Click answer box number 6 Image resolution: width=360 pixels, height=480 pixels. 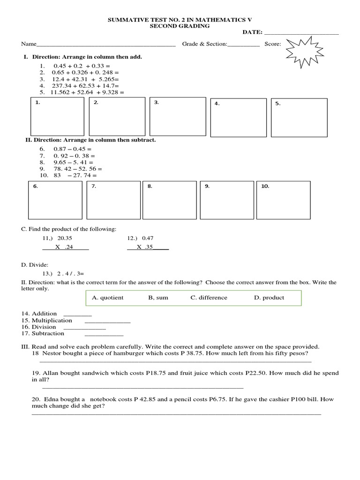pos(55,200)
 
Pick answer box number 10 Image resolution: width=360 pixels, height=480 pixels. pos(283,200)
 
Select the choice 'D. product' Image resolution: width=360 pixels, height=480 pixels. pos(269,298)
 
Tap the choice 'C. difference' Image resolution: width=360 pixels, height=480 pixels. pos(209,298)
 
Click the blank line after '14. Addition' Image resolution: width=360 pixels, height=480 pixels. pos(77,315)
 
